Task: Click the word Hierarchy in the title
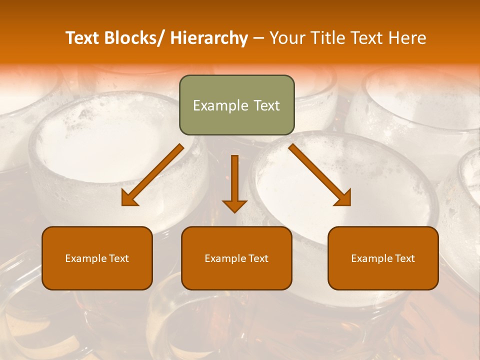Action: tap(209, 38)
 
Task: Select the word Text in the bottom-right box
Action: tap(404, 258)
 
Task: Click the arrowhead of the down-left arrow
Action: tap(129, 198)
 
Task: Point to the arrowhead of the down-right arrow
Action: tap(343, 198)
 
